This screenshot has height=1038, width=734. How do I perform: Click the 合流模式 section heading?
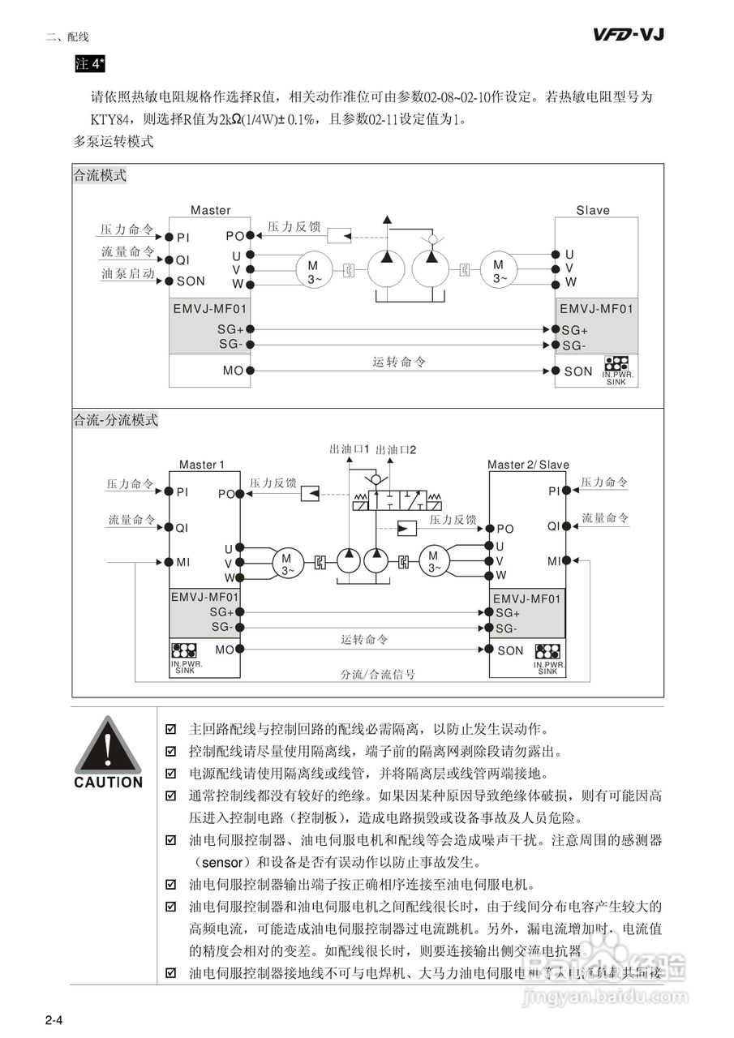coord(100,175)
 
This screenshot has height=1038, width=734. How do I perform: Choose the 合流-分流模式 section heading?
coord(115,420)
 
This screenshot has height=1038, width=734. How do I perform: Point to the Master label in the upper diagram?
coord(210,210)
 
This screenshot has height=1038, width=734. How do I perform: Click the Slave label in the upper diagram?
coord(593,210)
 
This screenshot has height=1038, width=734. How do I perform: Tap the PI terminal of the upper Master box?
coord(182,237)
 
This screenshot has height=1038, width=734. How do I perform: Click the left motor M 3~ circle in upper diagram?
coord(313,271)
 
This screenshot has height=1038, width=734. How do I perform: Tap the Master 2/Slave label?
coord(528,465)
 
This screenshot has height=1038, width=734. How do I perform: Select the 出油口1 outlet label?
coord(350,448)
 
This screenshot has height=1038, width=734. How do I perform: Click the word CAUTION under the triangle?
coord(108,783)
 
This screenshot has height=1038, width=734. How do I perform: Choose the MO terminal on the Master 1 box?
coord(225,650)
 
